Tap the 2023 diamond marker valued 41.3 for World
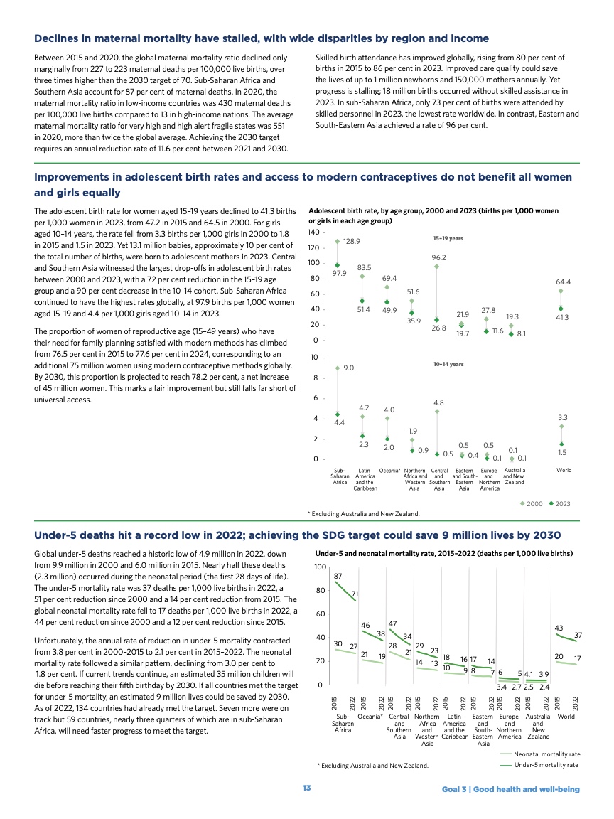[561, 309]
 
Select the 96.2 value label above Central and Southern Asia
[438, 257]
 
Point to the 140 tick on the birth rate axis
[312, 233]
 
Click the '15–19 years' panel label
[448, 238]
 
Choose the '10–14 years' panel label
[448, 364]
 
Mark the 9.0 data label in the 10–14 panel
[349, 368]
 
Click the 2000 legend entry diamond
[524, 503]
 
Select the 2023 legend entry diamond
[551, 503]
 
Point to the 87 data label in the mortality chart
[338, 576]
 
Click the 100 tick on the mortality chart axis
[321, 567]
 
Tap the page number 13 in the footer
[306, 789]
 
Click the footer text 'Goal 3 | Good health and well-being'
[510, 789]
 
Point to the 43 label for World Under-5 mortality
[559, 628]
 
